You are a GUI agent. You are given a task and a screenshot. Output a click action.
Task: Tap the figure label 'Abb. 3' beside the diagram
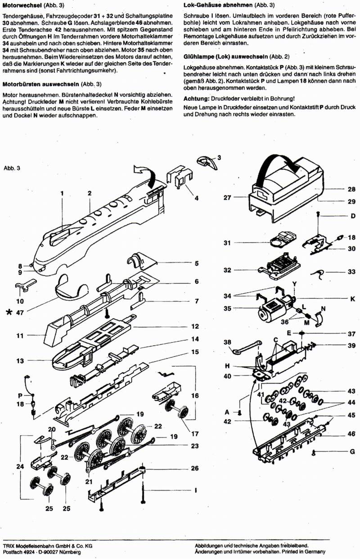tap(12, 168)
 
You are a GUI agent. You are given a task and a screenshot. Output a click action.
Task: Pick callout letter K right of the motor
tap(352, 299)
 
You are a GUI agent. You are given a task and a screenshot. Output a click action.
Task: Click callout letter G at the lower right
tap(352, 451)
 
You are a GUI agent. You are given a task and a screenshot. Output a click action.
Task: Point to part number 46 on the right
tap(351, 434)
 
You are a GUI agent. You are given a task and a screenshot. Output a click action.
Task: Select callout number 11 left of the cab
tap(19, 335)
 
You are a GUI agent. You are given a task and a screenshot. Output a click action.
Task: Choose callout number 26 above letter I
tap(194, 468)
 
